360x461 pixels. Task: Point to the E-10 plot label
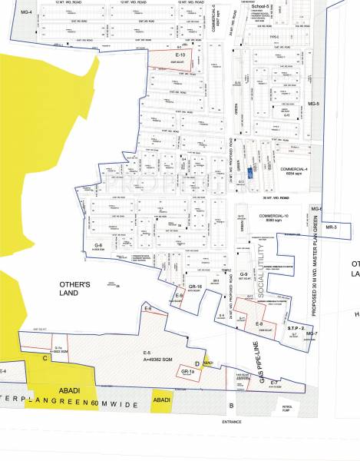pyautogui.click(x=181, y=55)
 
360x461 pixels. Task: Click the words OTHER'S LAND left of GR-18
pyautogui.click(x=76, y=290)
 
